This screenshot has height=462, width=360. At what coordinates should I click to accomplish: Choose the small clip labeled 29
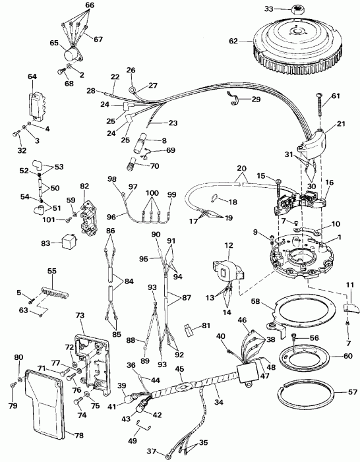click(x=233, y=100)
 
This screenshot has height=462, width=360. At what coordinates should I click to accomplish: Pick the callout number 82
click(x=84, y=188)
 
